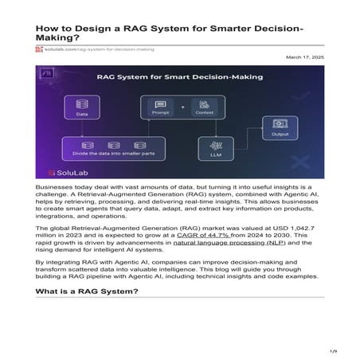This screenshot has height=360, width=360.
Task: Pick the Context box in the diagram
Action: point(205,108)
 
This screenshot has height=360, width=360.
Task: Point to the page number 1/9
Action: point(334,350)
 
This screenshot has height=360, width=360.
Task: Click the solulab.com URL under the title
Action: point(88,49)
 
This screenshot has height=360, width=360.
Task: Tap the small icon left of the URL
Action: point(39,49)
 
